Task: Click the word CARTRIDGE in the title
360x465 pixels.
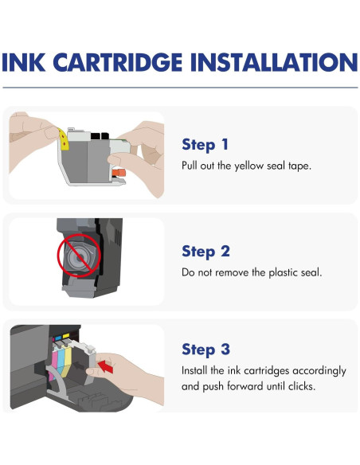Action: pos(118,62)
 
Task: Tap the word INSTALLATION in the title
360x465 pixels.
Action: pos(274,62)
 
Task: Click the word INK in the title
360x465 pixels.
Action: pos(24,62)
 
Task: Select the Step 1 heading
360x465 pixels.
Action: pos(205,145)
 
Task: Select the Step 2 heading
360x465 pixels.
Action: pos(205,252)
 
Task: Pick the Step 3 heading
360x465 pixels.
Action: pos(205,350)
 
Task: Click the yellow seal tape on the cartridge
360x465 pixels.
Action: pos(63,139)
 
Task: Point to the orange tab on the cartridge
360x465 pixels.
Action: pos(119,173)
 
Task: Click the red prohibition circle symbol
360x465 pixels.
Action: pos(79,256)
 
